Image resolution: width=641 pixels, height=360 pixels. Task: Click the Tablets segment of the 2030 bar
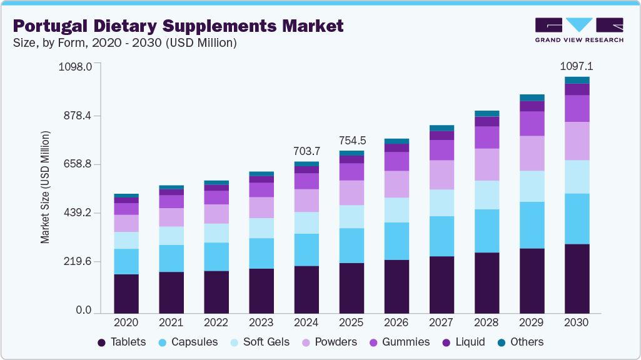click(577, 278)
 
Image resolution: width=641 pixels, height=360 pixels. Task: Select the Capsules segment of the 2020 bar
click(126, 261)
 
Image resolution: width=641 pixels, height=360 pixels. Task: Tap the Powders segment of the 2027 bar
click(442, 175)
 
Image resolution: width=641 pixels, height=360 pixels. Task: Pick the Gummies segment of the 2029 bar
click(532, 124)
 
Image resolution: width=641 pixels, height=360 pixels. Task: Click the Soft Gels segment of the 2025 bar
click(351, 217)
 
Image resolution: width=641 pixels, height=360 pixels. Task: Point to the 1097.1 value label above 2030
click(576, 66)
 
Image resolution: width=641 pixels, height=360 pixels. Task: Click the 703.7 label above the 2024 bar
click(306, 151)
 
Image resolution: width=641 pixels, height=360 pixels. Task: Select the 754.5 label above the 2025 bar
click(352, 140)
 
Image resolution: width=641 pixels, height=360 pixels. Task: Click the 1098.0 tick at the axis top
click(75, 66)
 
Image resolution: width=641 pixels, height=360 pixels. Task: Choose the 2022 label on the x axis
click(216, 322)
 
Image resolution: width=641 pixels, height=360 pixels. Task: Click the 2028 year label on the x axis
click(487, 322)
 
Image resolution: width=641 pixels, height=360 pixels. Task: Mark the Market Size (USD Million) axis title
click(45, 187)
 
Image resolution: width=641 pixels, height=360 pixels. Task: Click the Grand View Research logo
click(578, 29)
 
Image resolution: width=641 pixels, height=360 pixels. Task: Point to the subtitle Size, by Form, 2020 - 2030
click(124, 43)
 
